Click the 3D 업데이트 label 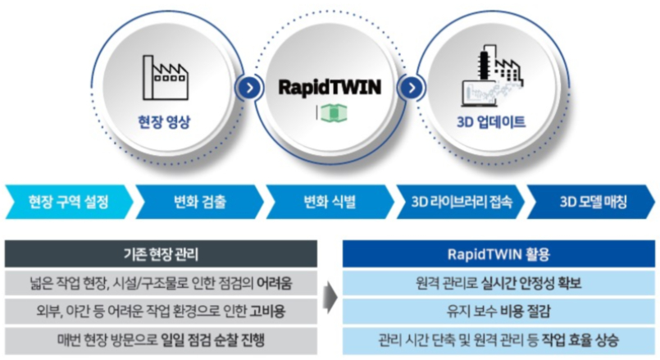pos(491,123)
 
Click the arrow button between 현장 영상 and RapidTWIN pos(244,88)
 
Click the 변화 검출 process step pos(201,202)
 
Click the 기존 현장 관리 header pos(160,253)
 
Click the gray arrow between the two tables pos(329,296)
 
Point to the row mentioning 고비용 pos(160,311)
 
